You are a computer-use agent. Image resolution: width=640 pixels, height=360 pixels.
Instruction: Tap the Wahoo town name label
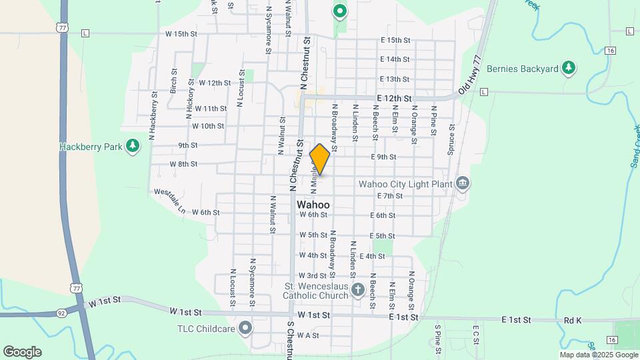point(313,205)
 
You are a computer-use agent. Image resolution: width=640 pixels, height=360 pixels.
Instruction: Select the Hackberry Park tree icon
point(133,146)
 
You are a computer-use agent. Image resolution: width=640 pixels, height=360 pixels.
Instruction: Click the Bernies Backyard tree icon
point(568,68)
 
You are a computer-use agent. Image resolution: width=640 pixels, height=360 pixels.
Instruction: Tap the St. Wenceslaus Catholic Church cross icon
point(358,290)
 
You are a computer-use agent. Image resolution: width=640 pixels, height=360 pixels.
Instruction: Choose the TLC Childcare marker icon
point(245,328)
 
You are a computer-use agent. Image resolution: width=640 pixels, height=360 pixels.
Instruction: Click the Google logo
point(22,352)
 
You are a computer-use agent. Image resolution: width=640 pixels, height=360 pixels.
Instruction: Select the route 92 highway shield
point(61,312)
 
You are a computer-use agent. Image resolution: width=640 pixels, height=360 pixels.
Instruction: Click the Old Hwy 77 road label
point(469,75)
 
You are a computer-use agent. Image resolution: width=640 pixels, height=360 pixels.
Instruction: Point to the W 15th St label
point(182,33)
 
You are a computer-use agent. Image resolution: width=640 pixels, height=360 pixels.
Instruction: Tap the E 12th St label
point(393,98)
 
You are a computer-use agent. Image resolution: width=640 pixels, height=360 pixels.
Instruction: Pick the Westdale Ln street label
point(169,201)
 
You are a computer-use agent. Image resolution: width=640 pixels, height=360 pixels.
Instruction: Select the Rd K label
point(573,321)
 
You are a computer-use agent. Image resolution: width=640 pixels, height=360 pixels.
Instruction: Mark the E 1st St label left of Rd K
point(516,321)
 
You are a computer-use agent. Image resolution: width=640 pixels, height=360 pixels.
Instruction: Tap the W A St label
point(308,335)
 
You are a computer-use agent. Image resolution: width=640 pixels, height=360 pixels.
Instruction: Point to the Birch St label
point(173,81)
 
